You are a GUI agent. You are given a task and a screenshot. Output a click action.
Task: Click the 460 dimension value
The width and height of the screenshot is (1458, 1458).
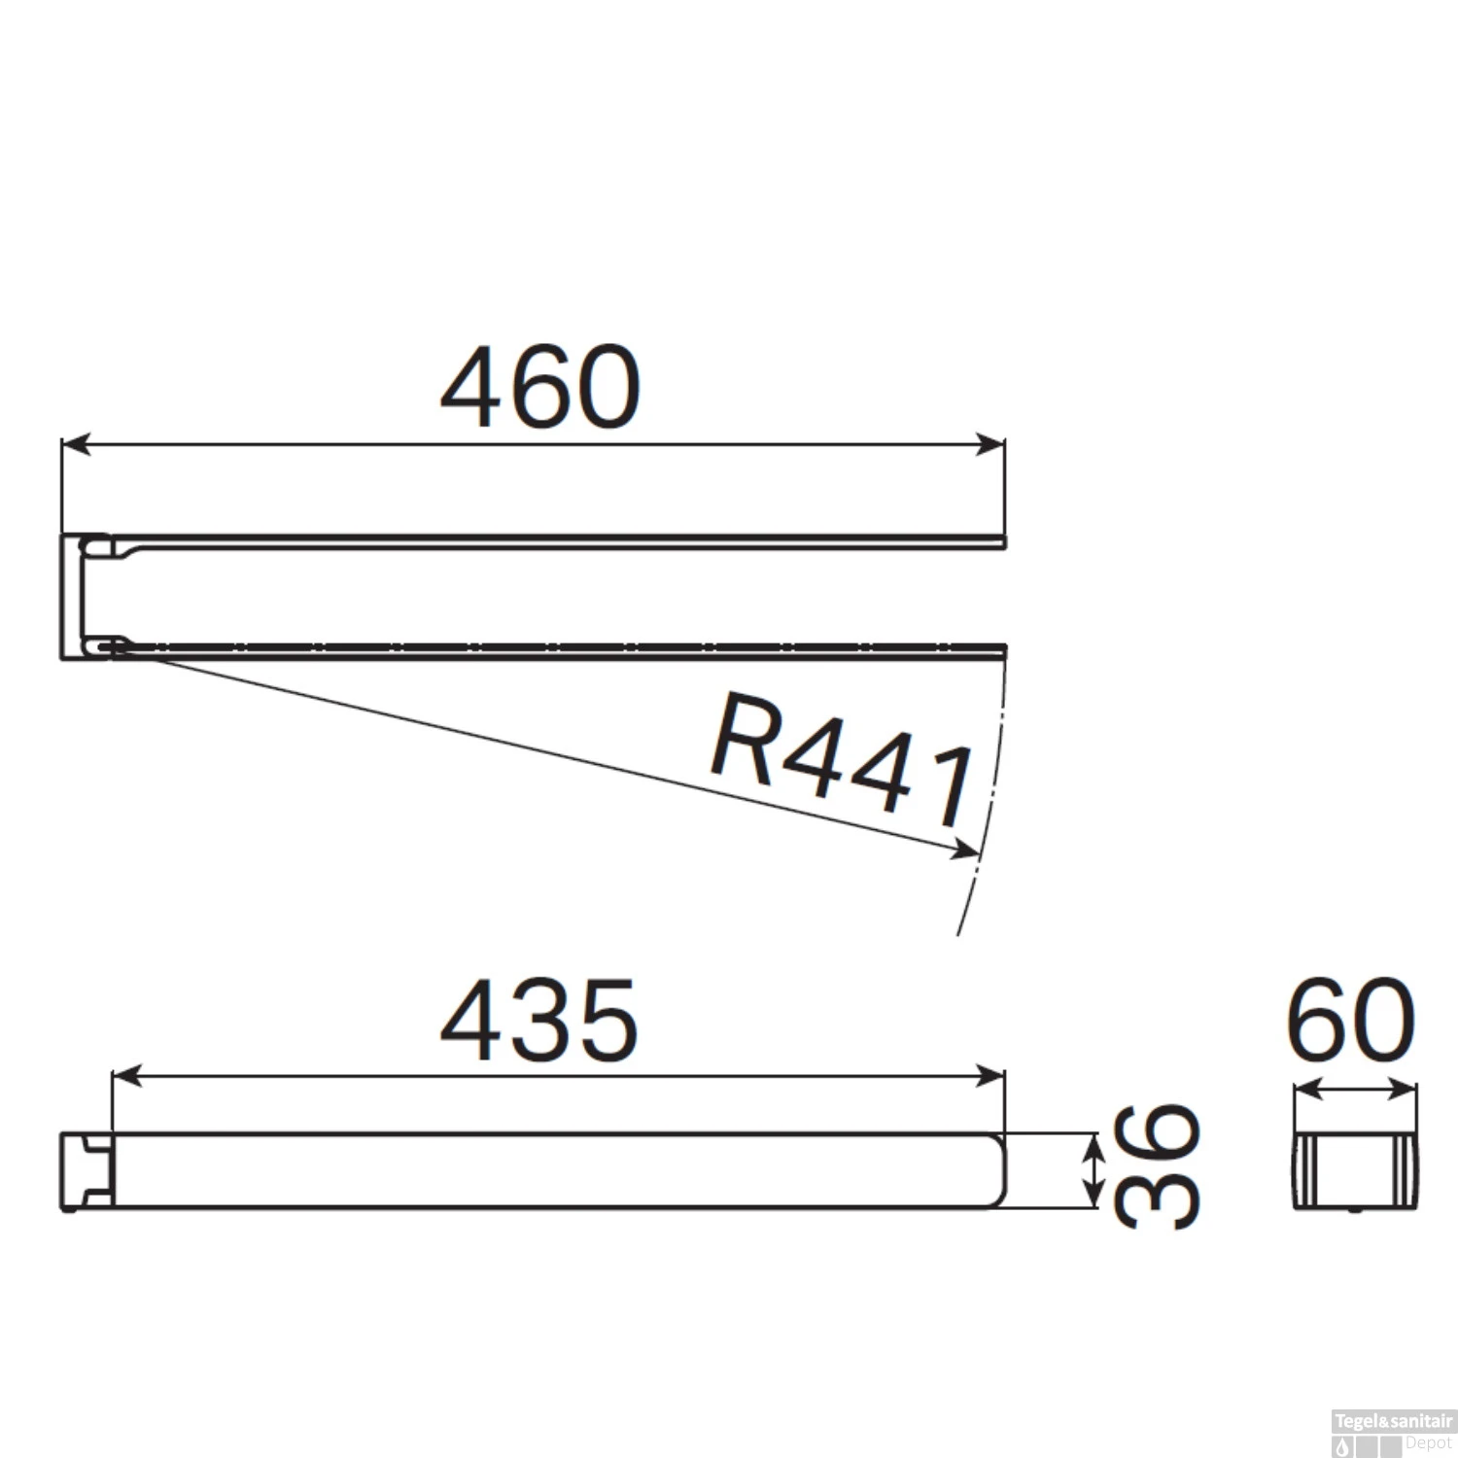click(540, 387)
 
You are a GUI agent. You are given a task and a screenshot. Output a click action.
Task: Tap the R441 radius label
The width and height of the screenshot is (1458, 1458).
click(842, 758)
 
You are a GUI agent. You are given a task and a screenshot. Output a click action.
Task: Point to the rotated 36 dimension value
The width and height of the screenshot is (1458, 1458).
click(1157, 1166)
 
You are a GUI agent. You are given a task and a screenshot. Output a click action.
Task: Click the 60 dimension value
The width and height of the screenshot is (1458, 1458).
click(1351, 1021)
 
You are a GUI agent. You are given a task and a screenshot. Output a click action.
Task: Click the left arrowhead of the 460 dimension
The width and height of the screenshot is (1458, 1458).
click(75, 445)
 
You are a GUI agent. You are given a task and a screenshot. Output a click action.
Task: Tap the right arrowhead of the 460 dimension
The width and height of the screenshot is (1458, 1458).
click(989, 445)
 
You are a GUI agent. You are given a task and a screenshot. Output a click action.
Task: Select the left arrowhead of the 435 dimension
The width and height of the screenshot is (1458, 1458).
click(127, 1076)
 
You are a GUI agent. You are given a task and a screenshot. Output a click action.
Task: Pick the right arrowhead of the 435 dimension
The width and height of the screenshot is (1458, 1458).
click(989, 1076)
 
